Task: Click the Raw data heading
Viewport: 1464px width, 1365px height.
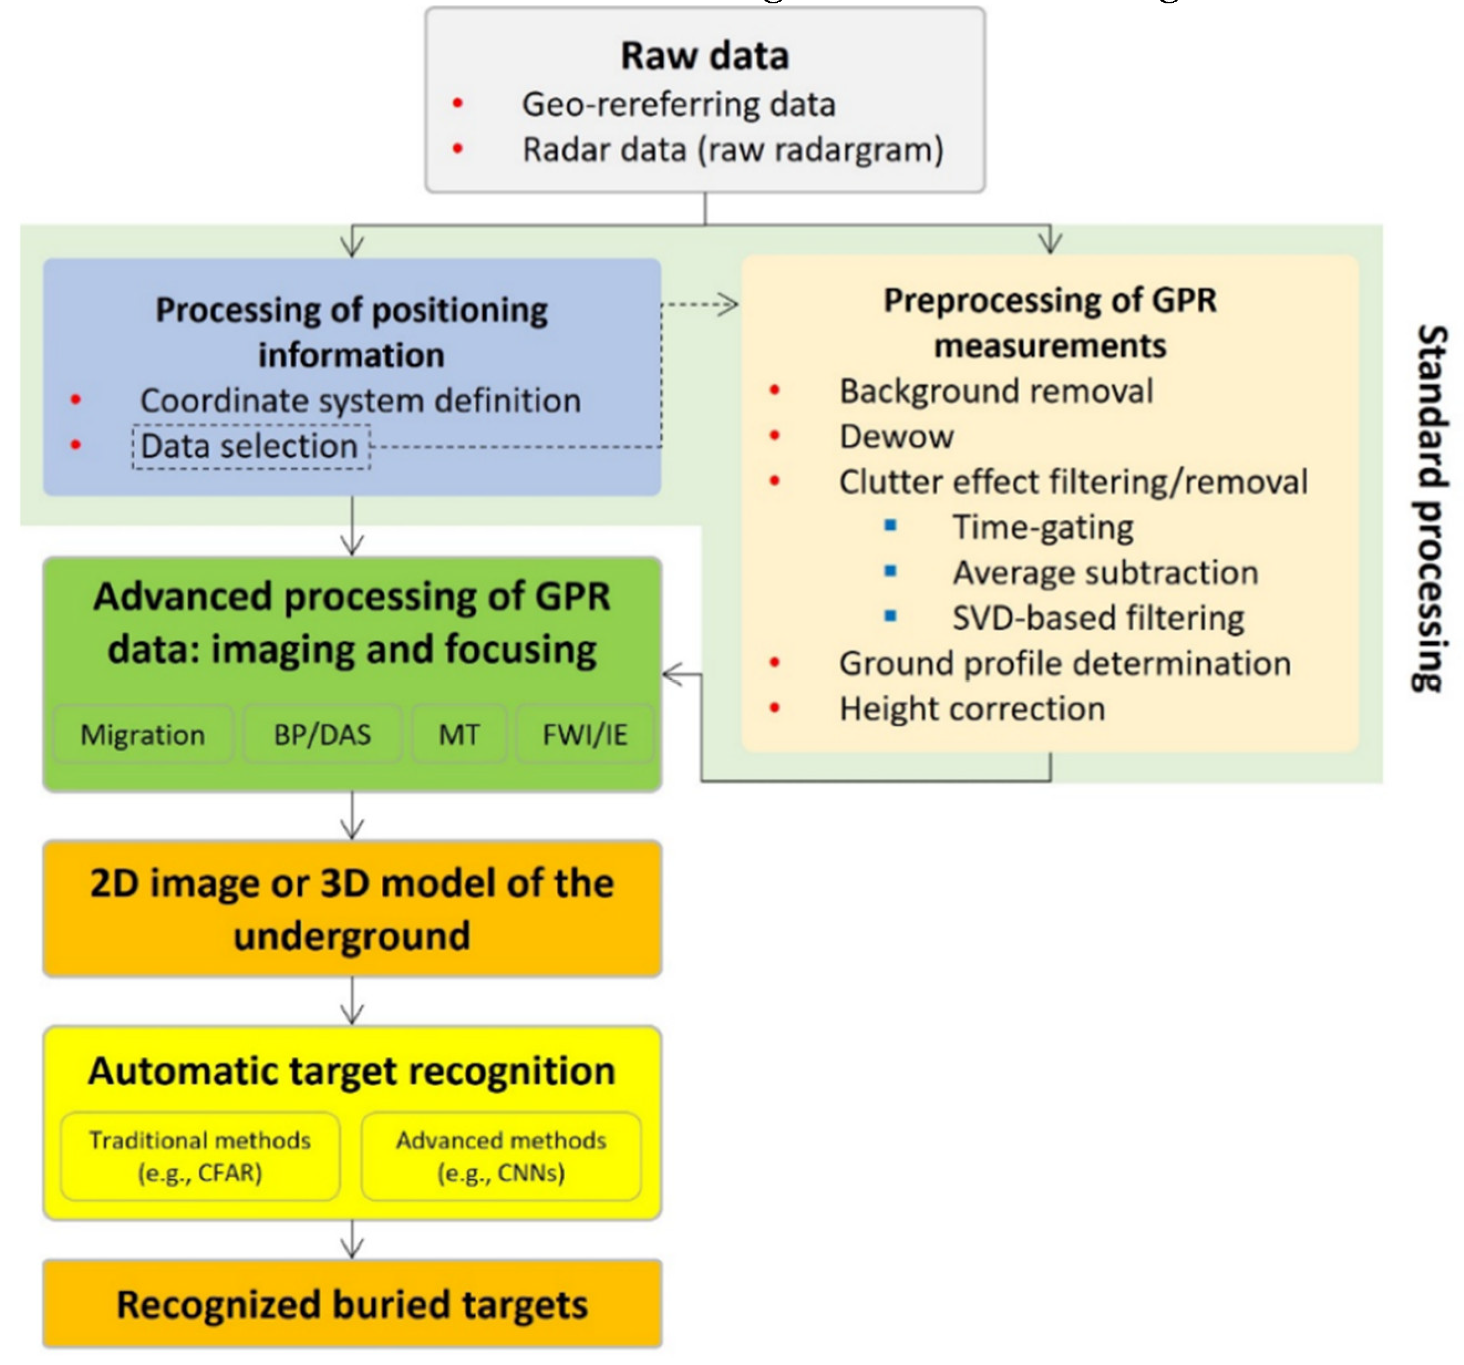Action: point(704,56)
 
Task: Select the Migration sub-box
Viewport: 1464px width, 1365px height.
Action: point(143,735)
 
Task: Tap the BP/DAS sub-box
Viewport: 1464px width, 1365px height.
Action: point(323,735)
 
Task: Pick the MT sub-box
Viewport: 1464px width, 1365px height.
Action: point(459,735)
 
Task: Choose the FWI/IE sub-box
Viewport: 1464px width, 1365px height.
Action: point(584,735)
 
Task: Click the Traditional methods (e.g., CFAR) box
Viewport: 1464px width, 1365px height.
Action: point(200,1156)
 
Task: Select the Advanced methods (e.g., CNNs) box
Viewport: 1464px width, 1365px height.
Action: point(501,1156)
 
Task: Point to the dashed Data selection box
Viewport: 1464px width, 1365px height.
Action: point(250,446)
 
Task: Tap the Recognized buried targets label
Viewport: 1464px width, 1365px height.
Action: point(352,1304)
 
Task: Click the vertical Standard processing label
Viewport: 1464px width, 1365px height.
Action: point(1431,508)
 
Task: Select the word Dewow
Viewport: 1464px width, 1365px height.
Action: point(896,437)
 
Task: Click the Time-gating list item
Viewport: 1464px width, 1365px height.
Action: point(1043,528)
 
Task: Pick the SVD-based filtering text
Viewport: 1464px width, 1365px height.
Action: point(1098,618)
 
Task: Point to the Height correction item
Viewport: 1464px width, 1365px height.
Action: point(972,709)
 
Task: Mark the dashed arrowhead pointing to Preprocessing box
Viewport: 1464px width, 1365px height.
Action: point(729,304)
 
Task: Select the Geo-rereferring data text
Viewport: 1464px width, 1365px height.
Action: point(678,105)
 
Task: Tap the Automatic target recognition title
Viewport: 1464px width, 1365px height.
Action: point(352,1071)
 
